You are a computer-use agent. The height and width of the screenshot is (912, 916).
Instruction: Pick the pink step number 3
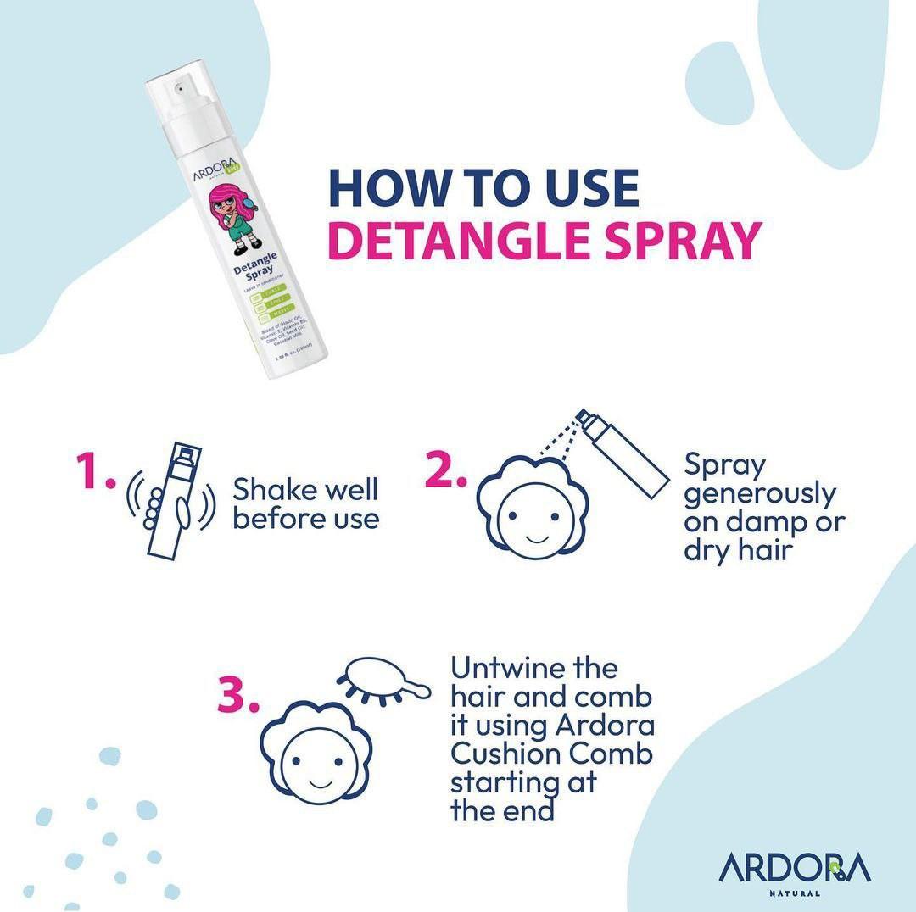(238, 698)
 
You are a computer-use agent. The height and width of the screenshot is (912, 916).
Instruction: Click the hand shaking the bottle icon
(166, 501)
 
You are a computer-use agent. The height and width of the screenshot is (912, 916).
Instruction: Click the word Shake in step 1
(272, 489)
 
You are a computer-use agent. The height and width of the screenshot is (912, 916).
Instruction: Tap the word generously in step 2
(760, 493)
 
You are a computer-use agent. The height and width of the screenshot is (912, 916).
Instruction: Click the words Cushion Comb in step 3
(551, 754)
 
